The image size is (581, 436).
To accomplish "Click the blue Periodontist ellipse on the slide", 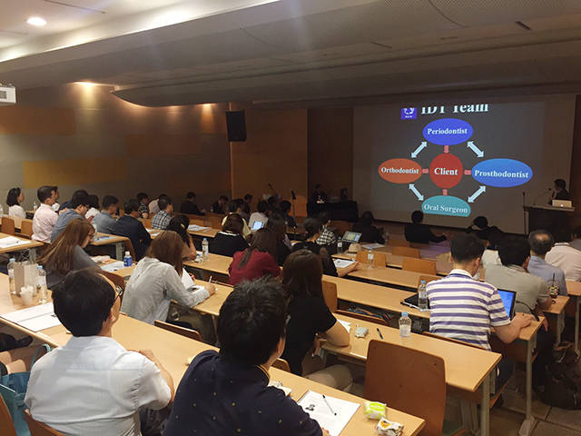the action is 448,132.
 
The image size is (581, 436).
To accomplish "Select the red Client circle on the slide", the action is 446,171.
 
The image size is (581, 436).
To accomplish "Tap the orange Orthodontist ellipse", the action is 399,171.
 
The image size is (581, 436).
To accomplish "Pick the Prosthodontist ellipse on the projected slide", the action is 502,173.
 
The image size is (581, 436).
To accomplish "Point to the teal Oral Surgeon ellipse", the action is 446,207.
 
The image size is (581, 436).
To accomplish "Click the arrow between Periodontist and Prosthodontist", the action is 475,149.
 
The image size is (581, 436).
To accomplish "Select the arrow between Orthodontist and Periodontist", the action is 419,149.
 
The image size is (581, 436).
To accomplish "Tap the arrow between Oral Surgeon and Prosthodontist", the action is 477,193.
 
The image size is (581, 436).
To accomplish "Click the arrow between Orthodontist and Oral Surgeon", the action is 416,192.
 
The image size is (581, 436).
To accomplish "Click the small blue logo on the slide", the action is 409,113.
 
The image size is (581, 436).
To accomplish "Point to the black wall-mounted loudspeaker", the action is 236,125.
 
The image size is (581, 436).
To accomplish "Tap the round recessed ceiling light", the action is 36,21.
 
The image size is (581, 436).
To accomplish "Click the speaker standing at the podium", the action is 559,190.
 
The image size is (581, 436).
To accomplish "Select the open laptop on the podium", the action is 562,203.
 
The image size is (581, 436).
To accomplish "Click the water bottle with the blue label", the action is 128,259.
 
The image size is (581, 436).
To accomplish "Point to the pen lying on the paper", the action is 329,404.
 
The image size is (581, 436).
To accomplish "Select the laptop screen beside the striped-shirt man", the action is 507,302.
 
